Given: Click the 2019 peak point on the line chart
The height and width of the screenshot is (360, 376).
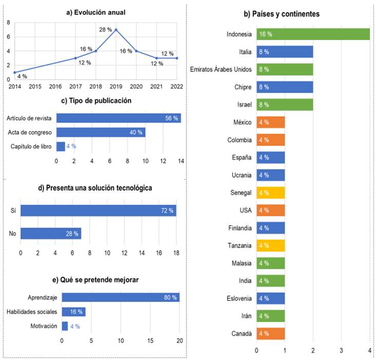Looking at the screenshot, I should point(116,30).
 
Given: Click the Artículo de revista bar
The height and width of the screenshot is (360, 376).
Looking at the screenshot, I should point(118,118).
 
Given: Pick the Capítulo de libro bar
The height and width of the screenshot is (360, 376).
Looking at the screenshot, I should point(61,147).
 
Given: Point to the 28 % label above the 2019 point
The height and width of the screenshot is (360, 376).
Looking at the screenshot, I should point(105,29).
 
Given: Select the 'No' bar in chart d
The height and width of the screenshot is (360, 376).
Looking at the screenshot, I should point(50,233).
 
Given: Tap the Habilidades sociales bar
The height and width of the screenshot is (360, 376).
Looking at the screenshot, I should point(73,312).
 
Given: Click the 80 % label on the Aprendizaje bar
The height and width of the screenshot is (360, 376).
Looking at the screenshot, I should point(170,297).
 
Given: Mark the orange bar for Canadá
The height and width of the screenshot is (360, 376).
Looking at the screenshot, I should point(271,333).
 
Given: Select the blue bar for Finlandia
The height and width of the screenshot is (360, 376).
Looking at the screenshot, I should point(271,228).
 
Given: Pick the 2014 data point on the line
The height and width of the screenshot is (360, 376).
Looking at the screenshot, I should point(15,73).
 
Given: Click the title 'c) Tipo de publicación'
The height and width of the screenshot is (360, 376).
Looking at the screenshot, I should point(96,101).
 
